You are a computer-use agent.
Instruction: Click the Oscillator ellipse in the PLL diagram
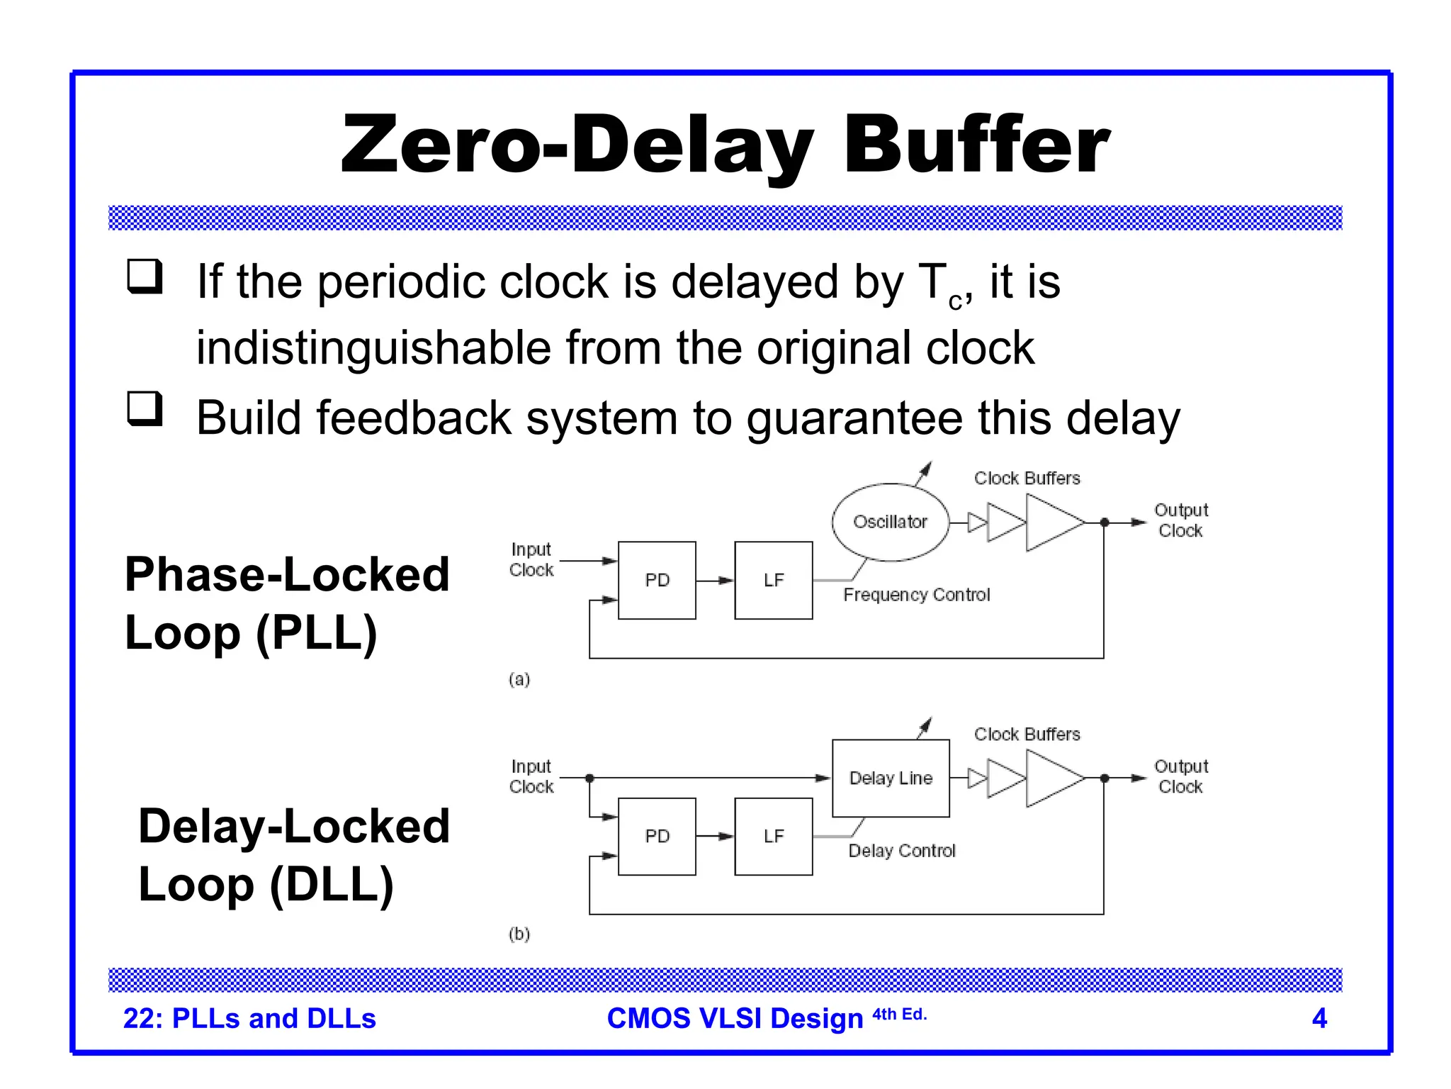(890, 522)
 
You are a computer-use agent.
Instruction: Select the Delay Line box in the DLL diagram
(891, 778)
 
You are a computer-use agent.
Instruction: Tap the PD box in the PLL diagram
(657, 580)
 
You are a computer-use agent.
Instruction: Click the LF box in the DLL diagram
(774, 836)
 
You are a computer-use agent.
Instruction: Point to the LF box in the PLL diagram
(774, 580)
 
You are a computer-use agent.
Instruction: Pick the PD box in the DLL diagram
(657, 836)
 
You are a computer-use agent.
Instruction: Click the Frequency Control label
(916, 595)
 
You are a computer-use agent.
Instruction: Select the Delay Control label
(902, 851)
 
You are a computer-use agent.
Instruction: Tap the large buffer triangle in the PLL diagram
(1052, 523)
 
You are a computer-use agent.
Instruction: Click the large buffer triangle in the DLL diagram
(1052, 778)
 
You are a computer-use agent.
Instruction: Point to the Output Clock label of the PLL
(1181, 520)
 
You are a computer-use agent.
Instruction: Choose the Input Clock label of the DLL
(531, 776)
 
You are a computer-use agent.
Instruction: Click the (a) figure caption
(519, 679)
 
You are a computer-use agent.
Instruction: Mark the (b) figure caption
(519, 934)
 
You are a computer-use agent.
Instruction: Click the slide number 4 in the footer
(1319, 1018)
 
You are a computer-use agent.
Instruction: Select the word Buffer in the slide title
(976, 145)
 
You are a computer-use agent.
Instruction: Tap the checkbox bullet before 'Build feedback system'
(145, 409)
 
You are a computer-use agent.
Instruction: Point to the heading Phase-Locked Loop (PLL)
(287, 603)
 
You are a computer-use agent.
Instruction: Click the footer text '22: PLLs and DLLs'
(249, 1018)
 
